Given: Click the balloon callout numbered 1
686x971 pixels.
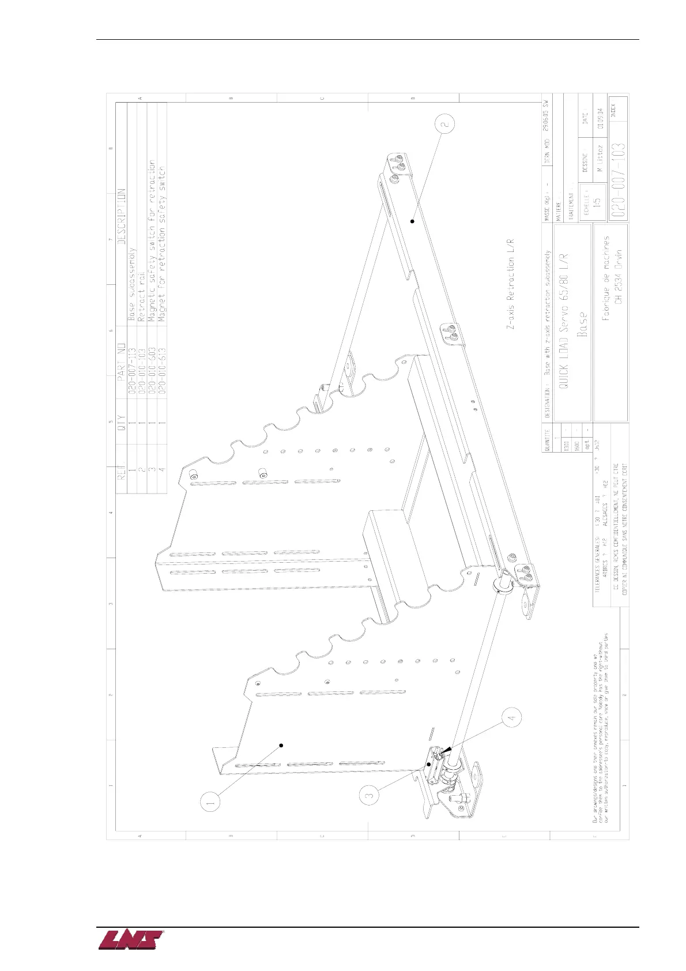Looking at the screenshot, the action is click(211, 801).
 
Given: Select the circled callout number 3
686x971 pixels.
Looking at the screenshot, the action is click(371, 795).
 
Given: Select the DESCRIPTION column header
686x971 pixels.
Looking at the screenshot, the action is click(122, 216).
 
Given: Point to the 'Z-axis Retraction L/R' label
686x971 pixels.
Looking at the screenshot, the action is click(510, 285).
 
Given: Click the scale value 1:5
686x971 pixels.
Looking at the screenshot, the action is click(597, 202).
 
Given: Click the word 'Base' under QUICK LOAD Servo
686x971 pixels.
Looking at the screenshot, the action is click(582, 326).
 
